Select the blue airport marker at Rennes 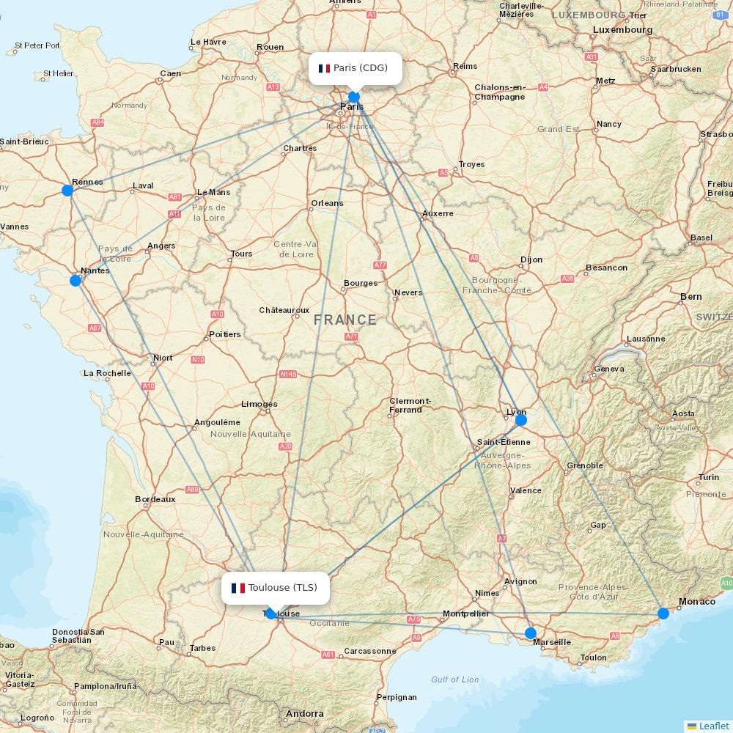pos(67,191)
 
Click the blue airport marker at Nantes pos(75,281)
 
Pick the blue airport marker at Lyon pos(520,420)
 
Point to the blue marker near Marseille pos(531,633)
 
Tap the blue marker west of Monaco pos(663,614)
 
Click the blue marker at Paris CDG pos(354,97)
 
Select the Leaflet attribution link pos(713,726)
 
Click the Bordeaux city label pos(155,499)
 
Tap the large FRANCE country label pos(345,320)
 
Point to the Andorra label pos(305,713)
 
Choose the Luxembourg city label pos(622,30)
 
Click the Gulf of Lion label pos(455,679)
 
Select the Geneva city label pos(609,369)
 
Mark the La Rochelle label pos(107,373)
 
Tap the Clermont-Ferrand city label pos(410,405)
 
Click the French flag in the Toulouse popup pos(238,588)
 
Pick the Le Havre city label pos(208,42)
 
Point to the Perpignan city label pos(396,697)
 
